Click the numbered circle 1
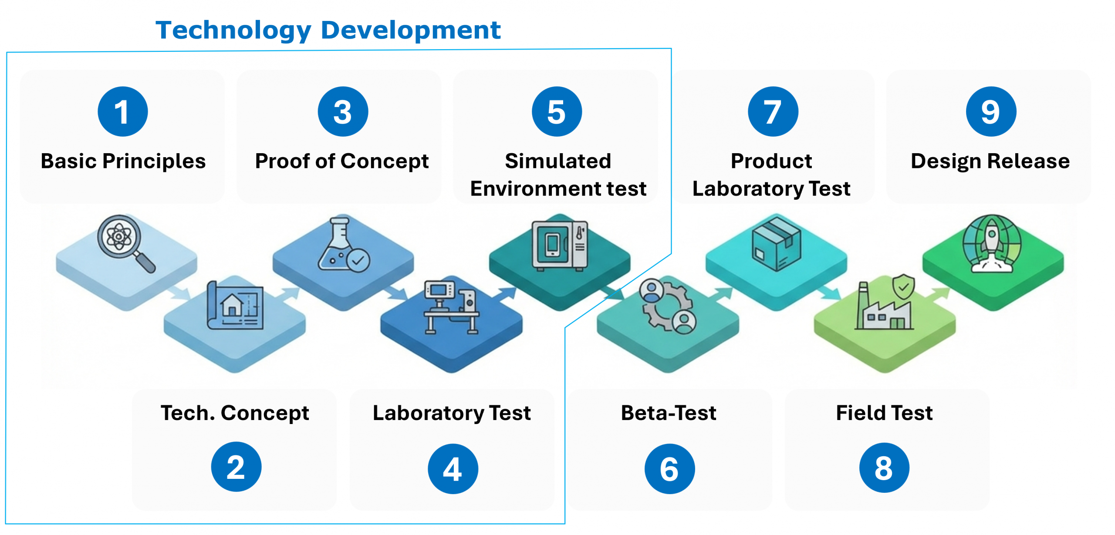click(x=123, y=111)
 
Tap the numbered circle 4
click(x=453, y=469)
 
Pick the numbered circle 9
click(x=990, y=111)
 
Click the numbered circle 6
click(x=669, y=469)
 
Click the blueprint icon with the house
click(x=236, y=306)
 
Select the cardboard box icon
click(x=776, y=244)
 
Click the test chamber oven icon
click(x=559, y=246)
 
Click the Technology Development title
click(x=328, y=30)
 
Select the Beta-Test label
click(x=668, y=413)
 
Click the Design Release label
click(x=990, y=161)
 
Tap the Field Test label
click(x=884, y=413)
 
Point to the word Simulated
click(x=557, y=161)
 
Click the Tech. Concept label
click(x=235, y=413)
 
